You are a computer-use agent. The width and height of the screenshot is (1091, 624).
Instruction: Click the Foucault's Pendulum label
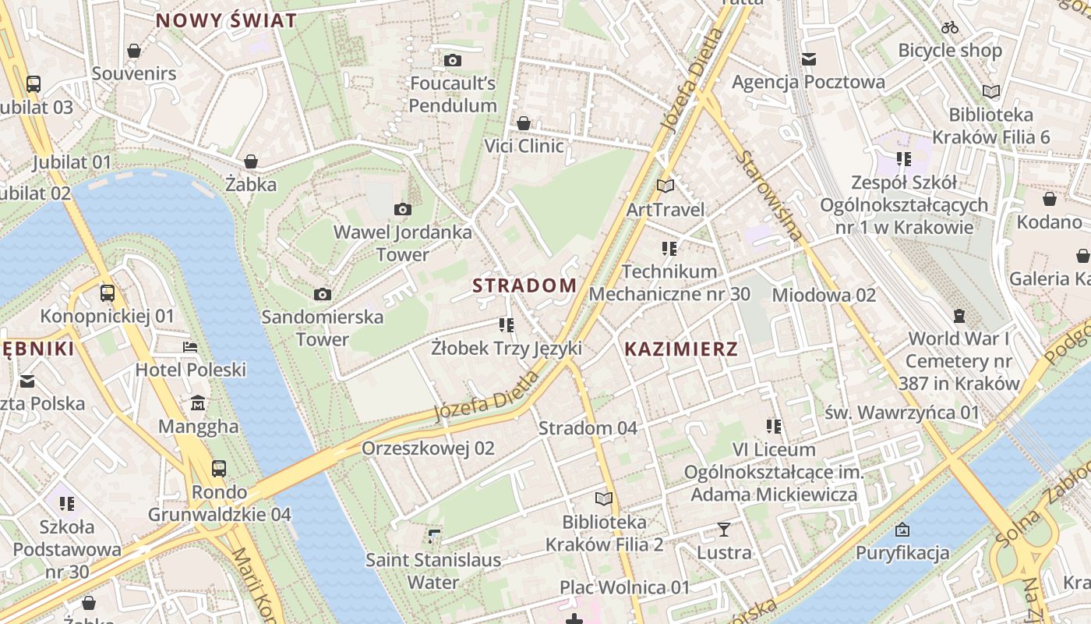[x=453, y=94]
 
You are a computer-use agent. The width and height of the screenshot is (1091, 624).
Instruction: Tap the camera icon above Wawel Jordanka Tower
[x=402, y=209]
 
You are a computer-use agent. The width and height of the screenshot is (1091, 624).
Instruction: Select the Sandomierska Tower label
[x=323, y=328]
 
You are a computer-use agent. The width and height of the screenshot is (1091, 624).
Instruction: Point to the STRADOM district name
[x=524, y=285]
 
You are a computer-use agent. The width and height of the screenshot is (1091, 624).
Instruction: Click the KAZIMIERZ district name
[x=681, y=349]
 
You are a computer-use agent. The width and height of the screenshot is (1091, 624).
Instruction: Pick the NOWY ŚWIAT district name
[x=227, y=21]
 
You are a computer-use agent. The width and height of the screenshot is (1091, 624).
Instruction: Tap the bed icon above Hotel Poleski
[x=190, y=347]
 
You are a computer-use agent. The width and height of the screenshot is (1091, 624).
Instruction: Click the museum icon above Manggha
[x=198, y=403]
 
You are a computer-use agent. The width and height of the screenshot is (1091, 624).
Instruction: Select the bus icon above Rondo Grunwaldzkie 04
[x=219, y=469]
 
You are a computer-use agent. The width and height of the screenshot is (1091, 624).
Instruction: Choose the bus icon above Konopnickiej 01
[x=108, y=293]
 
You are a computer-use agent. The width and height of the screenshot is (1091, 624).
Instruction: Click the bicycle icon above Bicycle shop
[x=950, y=27]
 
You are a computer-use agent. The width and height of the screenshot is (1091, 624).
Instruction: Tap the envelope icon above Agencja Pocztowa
[x=808, y=58]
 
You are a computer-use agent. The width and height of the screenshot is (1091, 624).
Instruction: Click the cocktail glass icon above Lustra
[x=724, y=530]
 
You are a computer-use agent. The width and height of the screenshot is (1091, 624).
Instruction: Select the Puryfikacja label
[x=902, y=553]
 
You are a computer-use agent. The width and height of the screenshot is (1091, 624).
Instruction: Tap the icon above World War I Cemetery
[x=959, y=316]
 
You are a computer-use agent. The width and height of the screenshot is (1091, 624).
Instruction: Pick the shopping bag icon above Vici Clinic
[x=524, y=123]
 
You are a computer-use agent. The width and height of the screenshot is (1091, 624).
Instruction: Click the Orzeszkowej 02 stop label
[x=428, y=448]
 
